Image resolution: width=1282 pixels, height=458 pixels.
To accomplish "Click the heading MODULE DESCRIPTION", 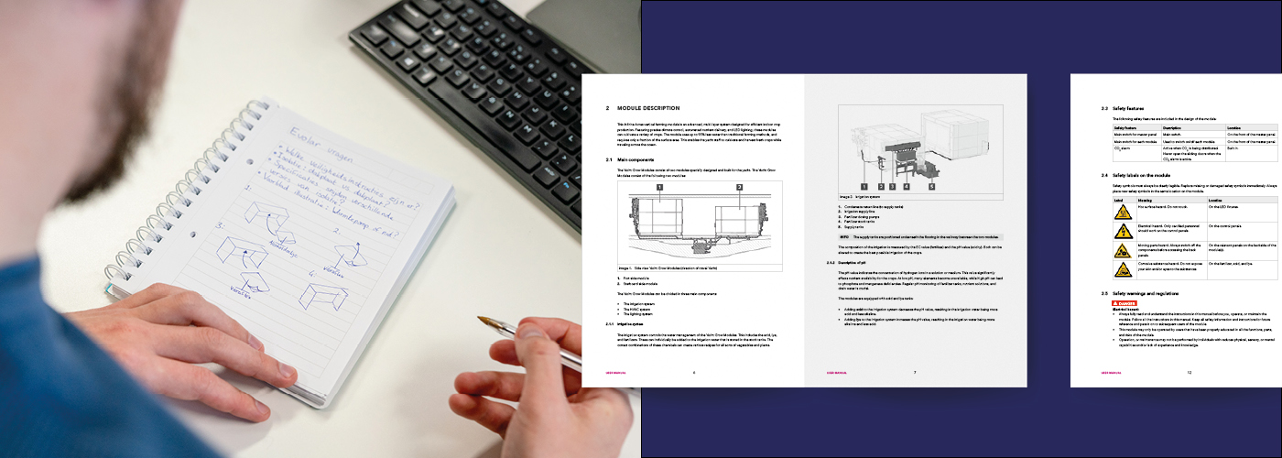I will [x=654, y=108].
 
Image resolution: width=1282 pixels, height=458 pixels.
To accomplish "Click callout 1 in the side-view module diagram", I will [x=657, y=187].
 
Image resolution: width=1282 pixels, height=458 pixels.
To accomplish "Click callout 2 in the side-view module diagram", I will [x=739, y=187].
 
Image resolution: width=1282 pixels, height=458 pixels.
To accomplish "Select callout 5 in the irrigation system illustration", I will [x=931, y=186].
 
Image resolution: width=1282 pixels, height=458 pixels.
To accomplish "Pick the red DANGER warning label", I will [x=1126, y=302].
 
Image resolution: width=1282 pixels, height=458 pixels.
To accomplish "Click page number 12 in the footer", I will [x=1189, y=373].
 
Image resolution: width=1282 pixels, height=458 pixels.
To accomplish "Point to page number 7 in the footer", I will [x=914, y=373].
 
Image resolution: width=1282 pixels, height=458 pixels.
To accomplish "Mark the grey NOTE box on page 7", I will [x=920, y=235].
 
